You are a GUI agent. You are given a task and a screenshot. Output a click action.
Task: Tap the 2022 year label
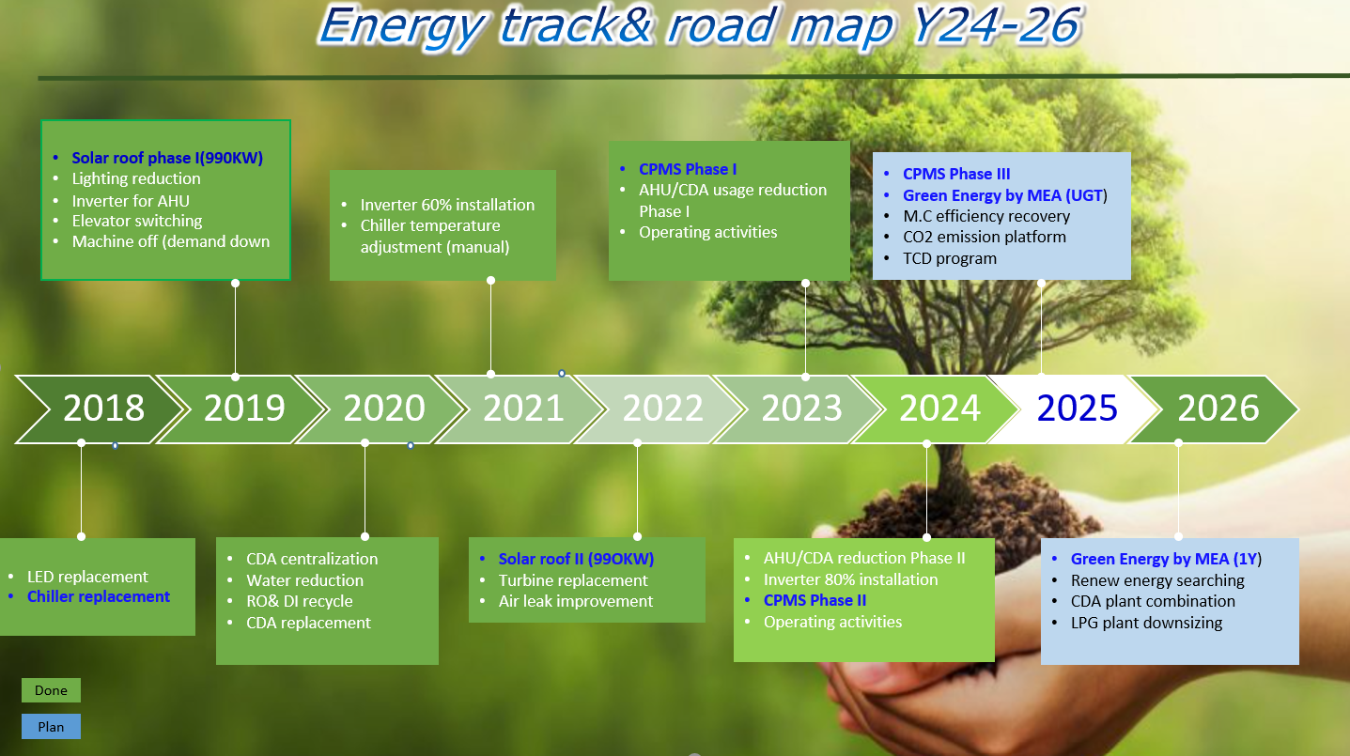pos(662,408)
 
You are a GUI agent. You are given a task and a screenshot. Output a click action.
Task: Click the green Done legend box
pos(51,690)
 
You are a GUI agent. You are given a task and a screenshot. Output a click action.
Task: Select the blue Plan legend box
pos(51,727)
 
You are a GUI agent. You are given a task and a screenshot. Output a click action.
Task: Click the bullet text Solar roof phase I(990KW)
pos(167,158)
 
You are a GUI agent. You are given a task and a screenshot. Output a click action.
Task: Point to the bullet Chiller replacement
pos(99,596)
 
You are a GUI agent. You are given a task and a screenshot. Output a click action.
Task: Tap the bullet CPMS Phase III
pos(955,174)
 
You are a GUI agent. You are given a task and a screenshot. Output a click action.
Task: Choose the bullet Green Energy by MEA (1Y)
pos(1166,559)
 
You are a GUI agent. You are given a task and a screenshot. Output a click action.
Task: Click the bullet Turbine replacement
pos(572,580)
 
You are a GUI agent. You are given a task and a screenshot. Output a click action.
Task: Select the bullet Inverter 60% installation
pos(447,205)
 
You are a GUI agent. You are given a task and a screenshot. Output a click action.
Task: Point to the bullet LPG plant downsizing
pos(1146,623)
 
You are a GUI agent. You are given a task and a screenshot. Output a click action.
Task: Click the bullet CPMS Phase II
pos(815,601)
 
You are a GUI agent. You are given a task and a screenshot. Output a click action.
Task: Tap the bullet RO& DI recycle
pos(299,601)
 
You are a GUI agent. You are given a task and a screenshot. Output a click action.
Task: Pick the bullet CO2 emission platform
pos(985,237)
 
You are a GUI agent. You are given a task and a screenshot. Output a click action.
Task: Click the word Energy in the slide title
pos(401,27)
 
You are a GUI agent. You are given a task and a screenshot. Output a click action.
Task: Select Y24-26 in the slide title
pos(996,25)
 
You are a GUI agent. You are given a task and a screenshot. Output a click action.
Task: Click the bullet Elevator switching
pos(137,221)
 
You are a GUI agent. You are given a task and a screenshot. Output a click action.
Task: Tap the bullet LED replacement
pos(87,577)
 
